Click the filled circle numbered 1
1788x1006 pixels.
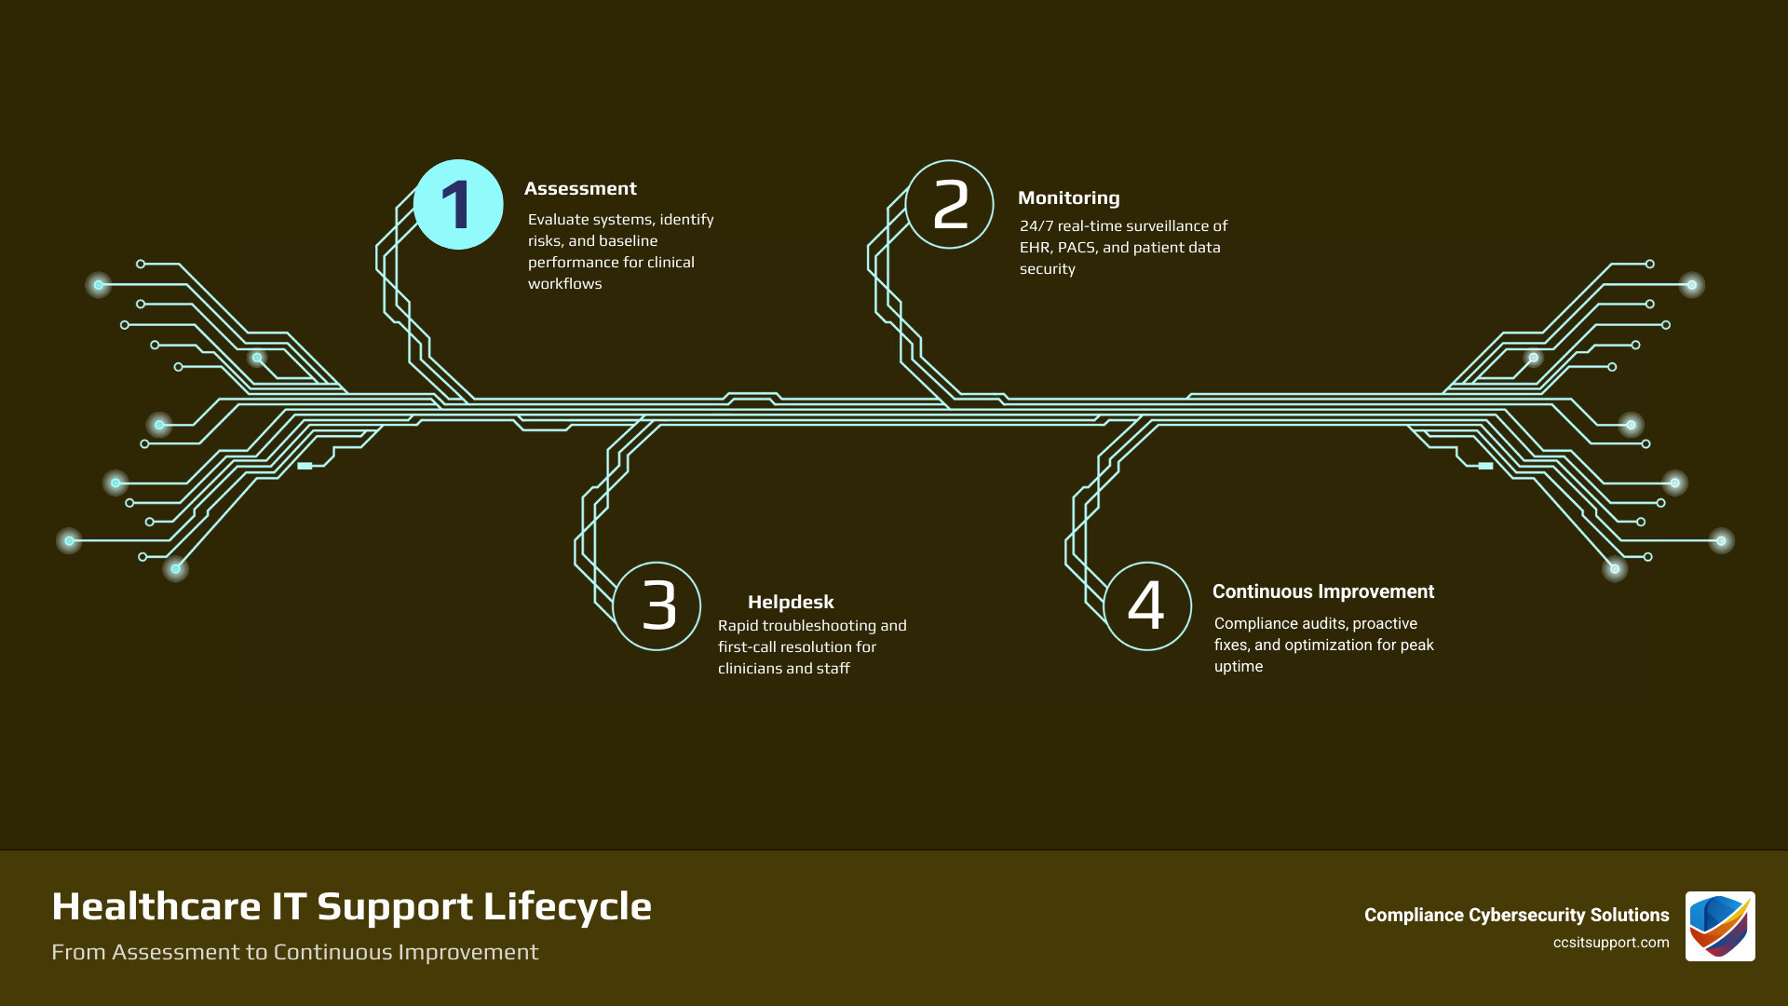(457, 205)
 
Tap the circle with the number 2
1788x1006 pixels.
(949, 205)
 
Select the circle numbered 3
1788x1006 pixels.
(657, 606)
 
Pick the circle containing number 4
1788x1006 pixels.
(1147, 606)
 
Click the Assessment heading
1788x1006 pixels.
(580, 188)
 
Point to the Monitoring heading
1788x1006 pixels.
(1068, 197)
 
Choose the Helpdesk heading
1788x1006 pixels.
(791, 602)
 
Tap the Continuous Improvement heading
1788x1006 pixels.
(1322, 591)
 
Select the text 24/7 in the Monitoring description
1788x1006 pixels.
(1036, 226)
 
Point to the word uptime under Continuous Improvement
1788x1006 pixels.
(1239, 667)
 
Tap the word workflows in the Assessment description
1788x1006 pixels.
(564, 284)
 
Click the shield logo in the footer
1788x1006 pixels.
(1719, 926)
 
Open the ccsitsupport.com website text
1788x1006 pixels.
(1610, 943)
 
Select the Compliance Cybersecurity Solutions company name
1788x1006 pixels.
(1516, 915)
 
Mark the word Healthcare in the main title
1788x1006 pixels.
(156, 906)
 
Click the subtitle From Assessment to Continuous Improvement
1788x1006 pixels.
(294, 952)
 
